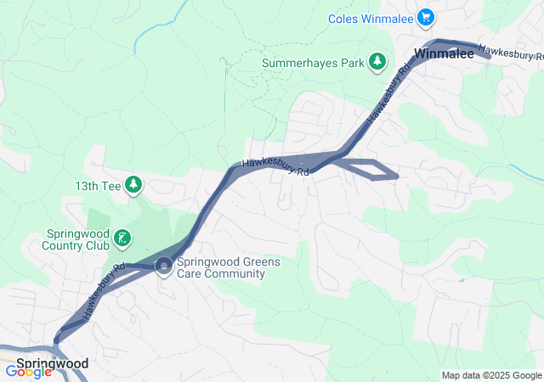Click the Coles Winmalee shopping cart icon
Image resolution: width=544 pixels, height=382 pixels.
pos(428,17)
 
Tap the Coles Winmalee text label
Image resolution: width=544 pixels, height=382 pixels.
pos(372,18)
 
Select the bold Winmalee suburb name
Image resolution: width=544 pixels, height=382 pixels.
pos(438,54)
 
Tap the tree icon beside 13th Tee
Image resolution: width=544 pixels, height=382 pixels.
pos(133,183)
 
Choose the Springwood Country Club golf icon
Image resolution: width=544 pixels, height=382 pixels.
pos(122,239)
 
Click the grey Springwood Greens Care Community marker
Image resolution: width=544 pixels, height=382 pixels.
pos(162,267)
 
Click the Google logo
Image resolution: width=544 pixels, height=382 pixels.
pos(29,371)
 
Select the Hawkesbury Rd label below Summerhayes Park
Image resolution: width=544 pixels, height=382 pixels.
pos(275,167)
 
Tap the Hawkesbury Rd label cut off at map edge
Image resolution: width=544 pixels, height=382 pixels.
pos(510,53)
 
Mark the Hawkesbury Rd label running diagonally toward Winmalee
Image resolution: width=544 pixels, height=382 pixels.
pos(383,100)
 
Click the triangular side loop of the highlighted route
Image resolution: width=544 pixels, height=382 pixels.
pos(372,170)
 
